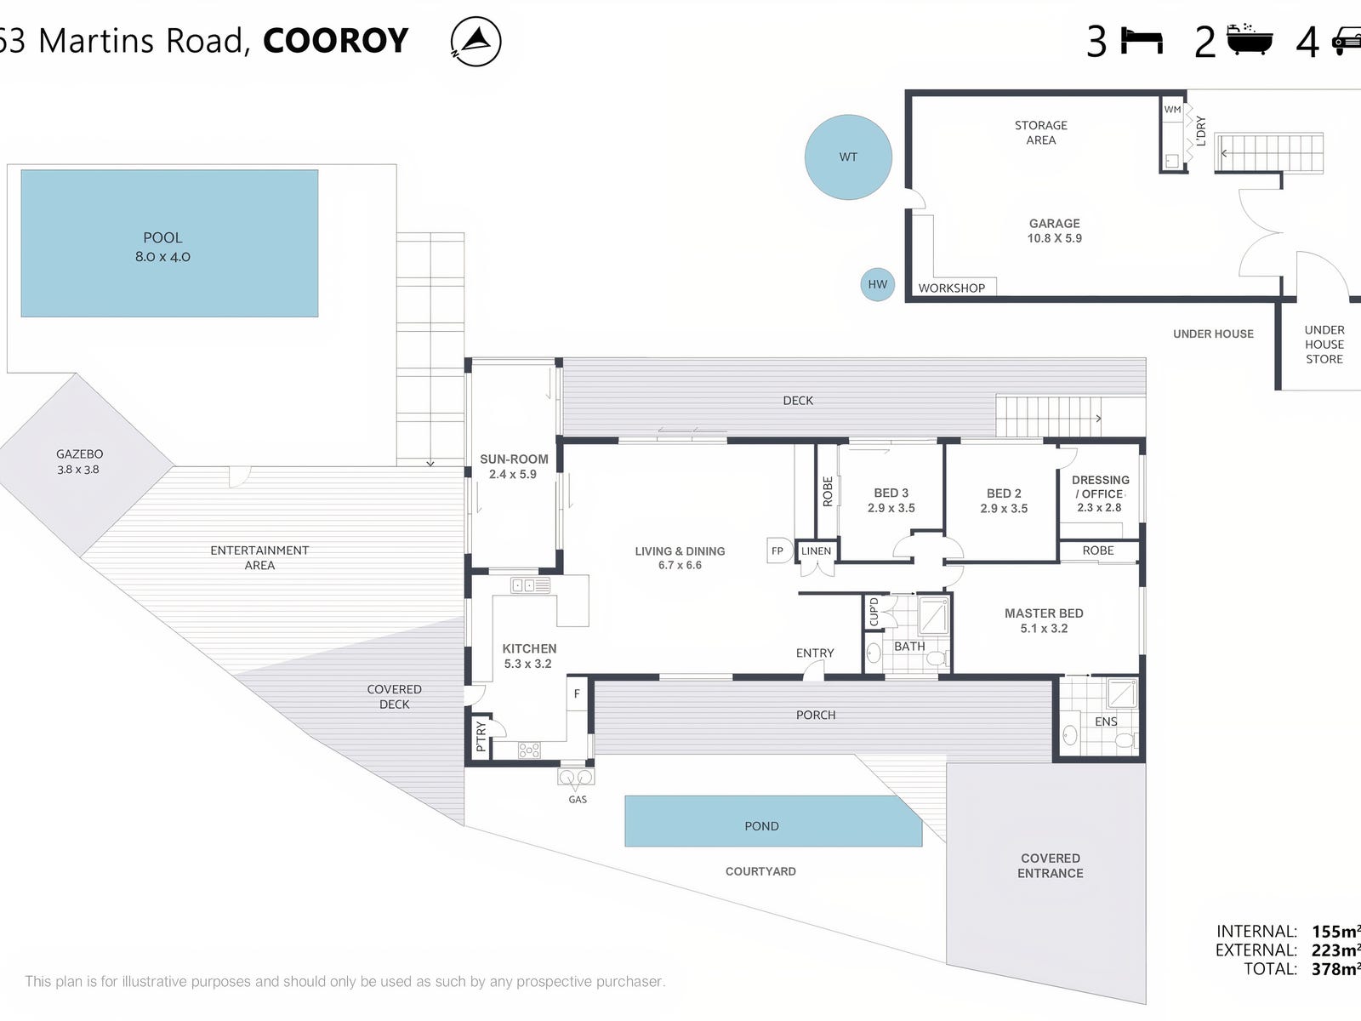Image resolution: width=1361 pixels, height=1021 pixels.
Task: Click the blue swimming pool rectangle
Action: coord(169,243)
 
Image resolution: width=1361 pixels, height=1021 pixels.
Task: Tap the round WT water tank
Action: coord(848,157)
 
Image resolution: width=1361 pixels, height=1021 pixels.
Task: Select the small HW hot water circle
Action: coord(877,285)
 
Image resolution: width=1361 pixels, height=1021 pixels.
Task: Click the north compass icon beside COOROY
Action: coord(476,42)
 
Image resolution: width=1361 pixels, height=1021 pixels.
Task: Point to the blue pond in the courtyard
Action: coord(772,822)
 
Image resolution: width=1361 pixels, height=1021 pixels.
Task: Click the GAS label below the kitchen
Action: coord(578,800)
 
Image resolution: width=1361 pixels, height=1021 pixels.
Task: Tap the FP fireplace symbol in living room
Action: coord(777,550)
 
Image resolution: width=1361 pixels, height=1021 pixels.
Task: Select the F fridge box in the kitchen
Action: coord(577,694)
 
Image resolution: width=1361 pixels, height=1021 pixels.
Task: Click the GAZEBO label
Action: coord(79,454)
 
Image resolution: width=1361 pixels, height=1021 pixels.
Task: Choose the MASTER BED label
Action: coord(1044,613)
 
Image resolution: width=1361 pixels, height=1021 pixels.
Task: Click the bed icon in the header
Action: coord(1142,41)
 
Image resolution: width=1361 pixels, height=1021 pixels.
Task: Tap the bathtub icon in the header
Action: coord(1250,40)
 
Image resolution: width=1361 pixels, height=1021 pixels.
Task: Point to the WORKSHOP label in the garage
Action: coord(951,288)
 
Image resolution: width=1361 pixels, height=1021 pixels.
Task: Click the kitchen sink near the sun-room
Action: coord(530,585)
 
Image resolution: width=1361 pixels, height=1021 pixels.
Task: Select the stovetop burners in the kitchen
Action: coord(529,750)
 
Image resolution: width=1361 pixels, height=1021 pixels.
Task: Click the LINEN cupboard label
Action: coord(816,551)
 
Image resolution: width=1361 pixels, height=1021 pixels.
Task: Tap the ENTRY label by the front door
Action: coord(815,653)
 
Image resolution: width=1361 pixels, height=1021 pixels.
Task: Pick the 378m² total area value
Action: coord(1335,969)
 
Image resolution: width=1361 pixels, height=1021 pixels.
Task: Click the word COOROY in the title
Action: coord(336,41)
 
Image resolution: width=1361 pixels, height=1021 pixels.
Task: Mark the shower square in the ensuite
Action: coord(1121,693)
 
